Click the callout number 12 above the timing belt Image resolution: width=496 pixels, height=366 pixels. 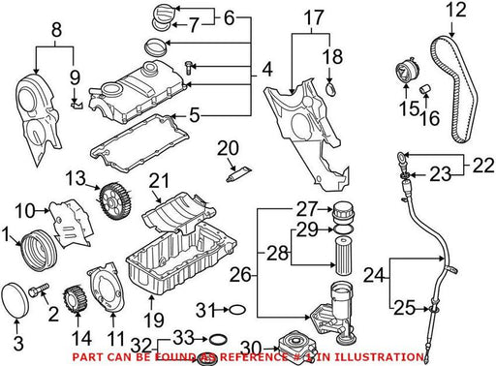point(456,11)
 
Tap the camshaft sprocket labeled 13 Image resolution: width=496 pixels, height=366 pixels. point(115,201)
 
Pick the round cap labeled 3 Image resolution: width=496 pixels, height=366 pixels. point(15,300)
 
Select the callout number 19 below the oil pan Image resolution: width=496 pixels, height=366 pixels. point(154,320)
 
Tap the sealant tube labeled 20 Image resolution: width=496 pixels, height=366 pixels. point(239,174)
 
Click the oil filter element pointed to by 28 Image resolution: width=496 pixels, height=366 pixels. point(343,256)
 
